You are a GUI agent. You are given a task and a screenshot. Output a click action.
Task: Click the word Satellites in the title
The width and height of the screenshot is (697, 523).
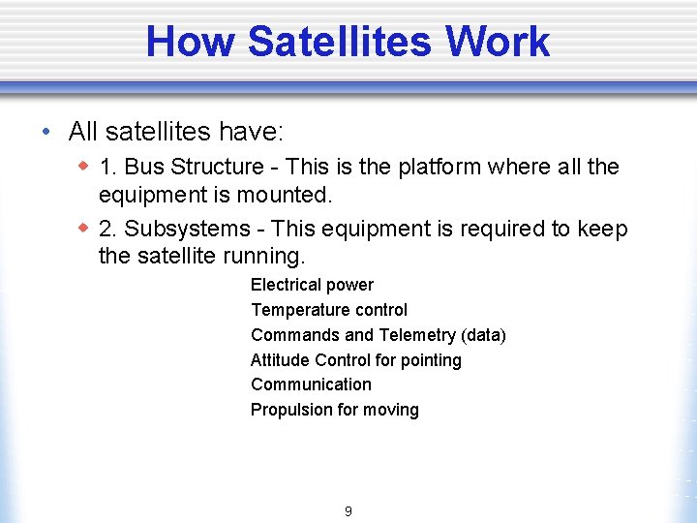coord(339,42)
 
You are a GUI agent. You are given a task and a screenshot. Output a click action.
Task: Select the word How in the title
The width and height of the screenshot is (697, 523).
coord(192,42)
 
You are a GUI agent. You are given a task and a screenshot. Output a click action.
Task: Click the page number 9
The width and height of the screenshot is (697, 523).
coord(348,511)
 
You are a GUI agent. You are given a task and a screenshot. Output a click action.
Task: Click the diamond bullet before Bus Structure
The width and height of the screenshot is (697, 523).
coord(83,167)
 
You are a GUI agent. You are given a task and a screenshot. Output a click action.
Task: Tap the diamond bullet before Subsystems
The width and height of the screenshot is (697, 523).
coord(83,229)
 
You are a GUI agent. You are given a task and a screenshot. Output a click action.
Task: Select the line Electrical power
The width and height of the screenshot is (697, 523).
coord(312,285)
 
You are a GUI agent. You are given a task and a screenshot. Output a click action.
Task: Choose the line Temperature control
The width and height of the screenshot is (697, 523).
coord(329,310)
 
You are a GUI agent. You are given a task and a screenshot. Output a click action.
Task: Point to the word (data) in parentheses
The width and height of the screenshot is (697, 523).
coord(483,335)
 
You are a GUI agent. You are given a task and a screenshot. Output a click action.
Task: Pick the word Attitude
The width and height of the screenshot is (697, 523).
coord(281,360)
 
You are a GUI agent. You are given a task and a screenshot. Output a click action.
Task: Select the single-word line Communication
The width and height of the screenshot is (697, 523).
coord(311,385)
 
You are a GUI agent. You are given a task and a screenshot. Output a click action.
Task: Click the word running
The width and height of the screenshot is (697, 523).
coord(260,257)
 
